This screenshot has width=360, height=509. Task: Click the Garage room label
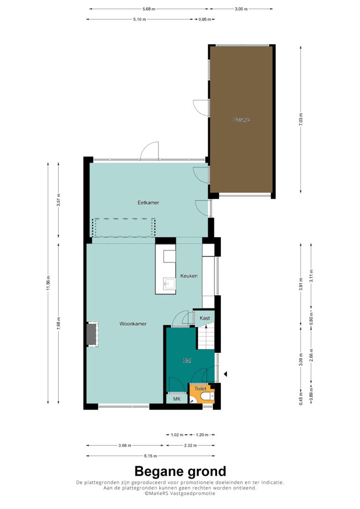[241, 120]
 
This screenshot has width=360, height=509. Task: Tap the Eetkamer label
[148, 202]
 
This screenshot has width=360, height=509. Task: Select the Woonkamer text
[133, 324]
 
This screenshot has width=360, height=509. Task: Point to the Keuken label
[189, 276]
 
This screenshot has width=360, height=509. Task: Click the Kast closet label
[204, 318]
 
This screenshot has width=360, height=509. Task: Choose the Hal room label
[187, 360]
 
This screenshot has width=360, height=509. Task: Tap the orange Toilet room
[202, 394]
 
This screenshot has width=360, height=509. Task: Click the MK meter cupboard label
[177, 399]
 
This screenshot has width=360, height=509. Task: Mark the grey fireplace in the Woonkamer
[92, 334]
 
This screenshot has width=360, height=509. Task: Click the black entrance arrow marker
[225, 374]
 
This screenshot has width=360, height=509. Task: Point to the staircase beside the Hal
[206, 337]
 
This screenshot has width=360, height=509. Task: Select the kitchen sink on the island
[169, 284]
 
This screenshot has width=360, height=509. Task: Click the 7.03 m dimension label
[301, 119]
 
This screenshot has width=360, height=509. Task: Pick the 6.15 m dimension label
[150, 456]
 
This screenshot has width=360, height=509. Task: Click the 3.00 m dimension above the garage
[241, 9]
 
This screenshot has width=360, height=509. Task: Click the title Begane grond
[180, 471]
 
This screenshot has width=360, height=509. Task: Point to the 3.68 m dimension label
[125, 445]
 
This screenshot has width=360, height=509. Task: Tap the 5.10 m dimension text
[140, 20]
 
